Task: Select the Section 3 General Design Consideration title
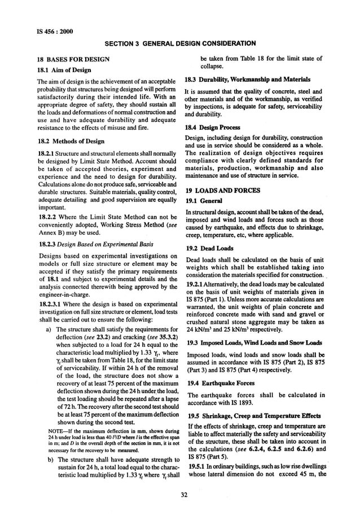click(x=181, y=43)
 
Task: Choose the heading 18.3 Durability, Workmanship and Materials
click(x=249, y=81)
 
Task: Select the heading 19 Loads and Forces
click(x=223, y=191)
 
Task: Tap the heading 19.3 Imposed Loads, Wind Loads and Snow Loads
click(x=253, y=342)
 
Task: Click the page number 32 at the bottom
click(x=180, y=496)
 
